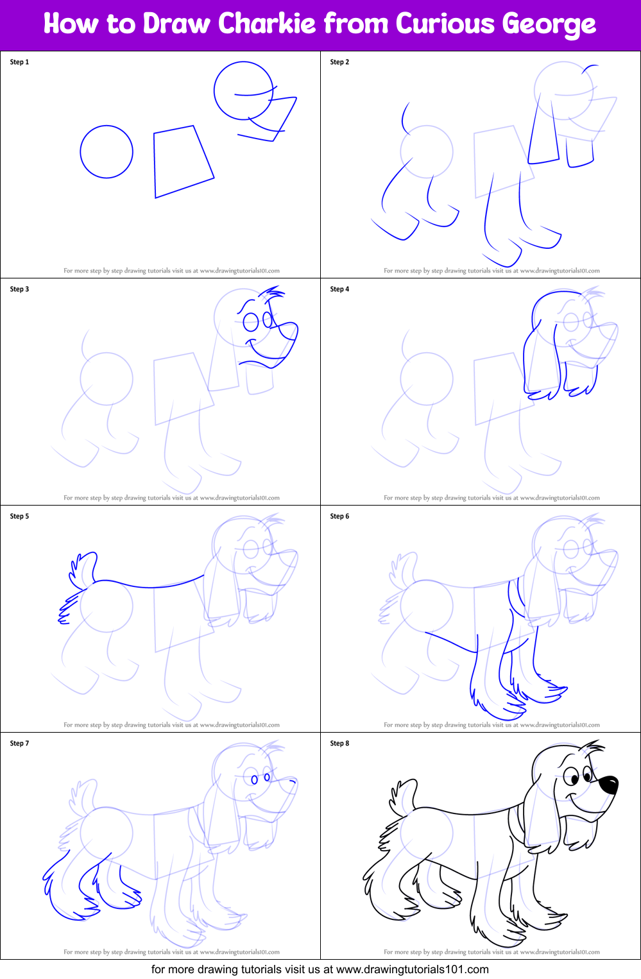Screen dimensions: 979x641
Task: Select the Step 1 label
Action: [19, 62]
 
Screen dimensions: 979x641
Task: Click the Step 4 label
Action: [339, 289]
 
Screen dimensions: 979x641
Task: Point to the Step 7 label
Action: [19, 744]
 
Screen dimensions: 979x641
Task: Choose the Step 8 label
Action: [339, 744]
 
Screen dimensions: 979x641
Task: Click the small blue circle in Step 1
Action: [107, 152]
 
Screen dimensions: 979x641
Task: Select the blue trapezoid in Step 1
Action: [182, 162]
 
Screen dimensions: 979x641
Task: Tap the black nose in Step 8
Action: [608, 785]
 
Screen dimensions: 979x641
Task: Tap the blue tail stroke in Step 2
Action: [404, 117]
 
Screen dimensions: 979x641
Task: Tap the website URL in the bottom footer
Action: [412, 969]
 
